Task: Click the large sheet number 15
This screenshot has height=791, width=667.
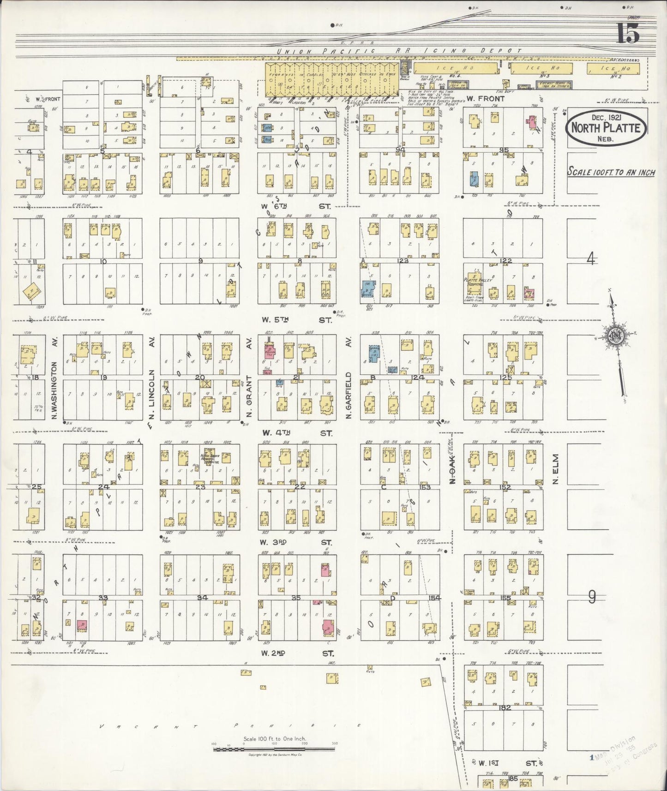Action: point(628,33)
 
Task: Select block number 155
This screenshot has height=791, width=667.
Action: point(505,598)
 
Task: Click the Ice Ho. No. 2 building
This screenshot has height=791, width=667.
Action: point(613,69)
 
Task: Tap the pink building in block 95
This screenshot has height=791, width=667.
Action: point(532,122)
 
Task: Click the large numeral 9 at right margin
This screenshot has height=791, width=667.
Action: point(592,597)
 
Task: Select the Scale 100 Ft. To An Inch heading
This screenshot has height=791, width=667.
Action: point(611,172)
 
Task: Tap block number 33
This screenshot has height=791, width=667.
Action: point(103,598)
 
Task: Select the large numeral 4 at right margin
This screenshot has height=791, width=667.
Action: point(590,259)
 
